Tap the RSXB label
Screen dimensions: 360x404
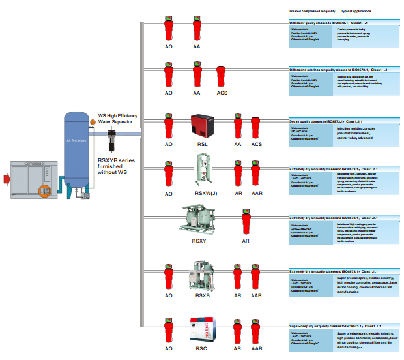click(203, 295)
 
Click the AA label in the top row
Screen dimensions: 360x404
click(197, 48)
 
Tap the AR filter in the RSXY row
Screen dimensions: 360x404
click(246, 222)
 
